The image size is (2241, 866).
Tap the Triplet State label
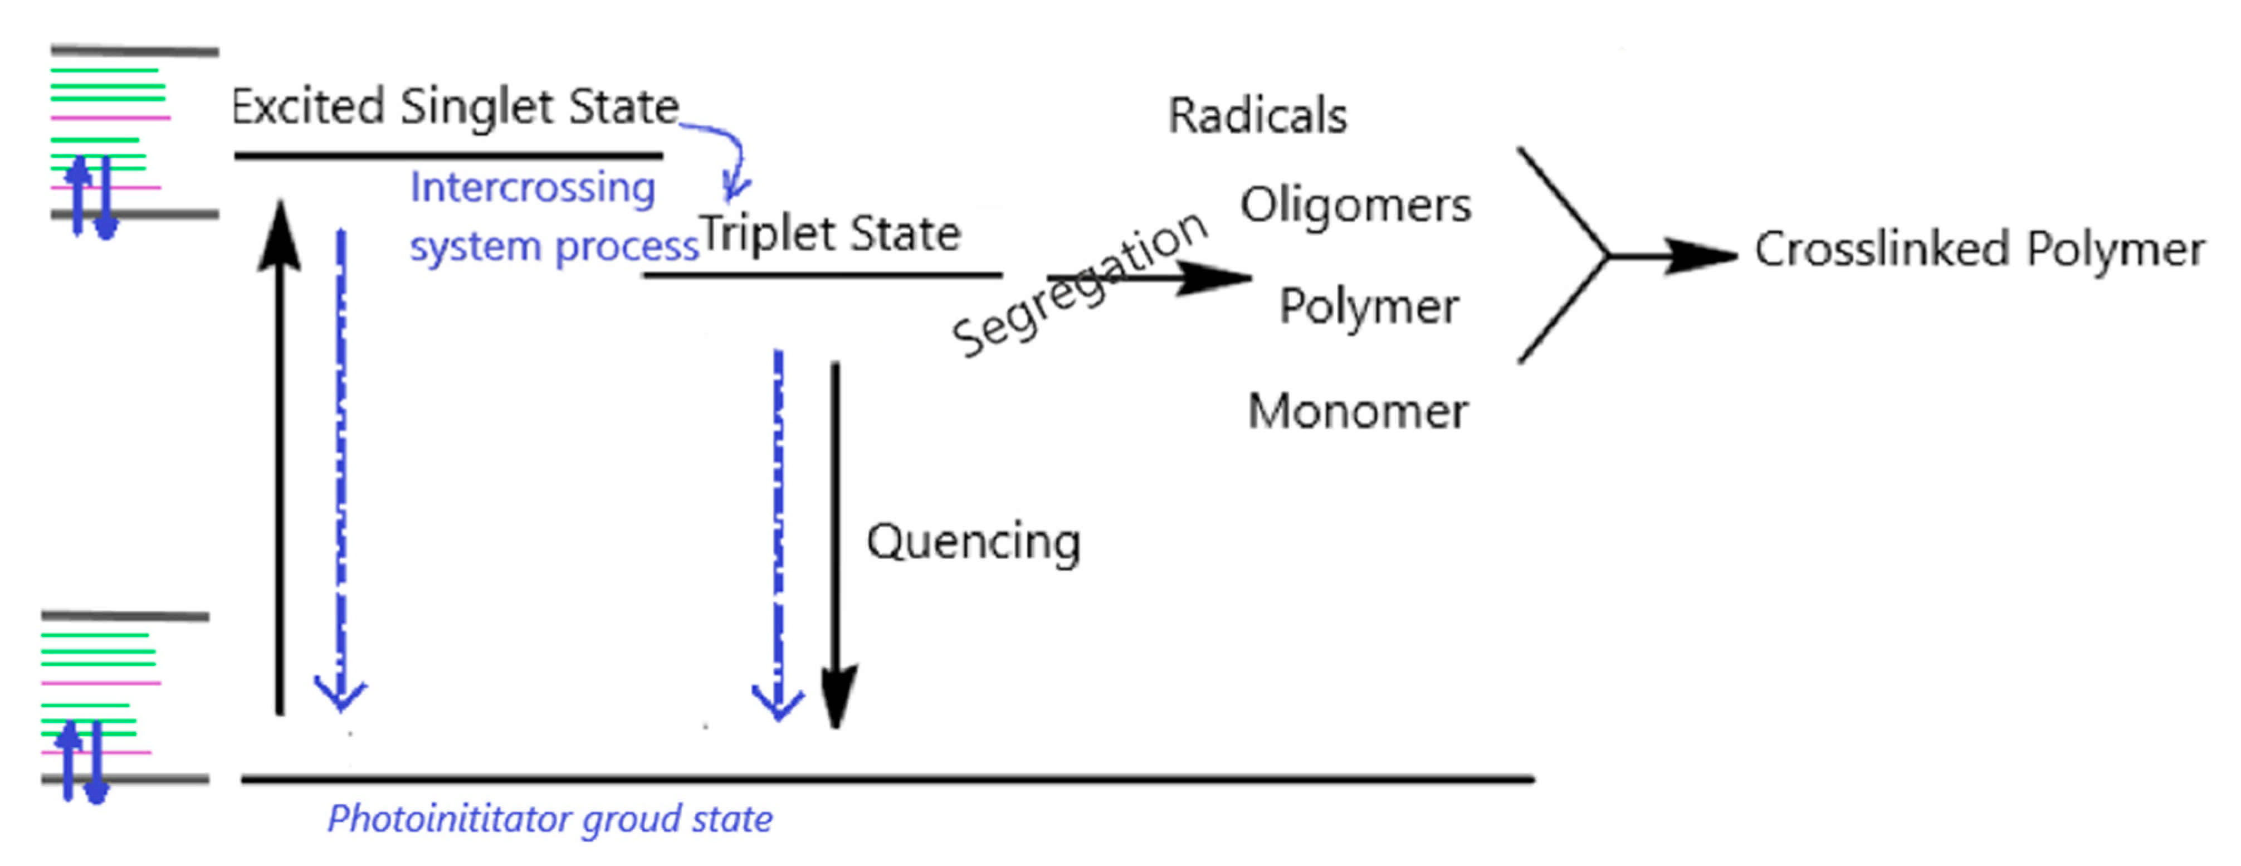point(830,233)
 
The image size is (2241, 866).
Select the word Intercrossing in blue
point(533,188)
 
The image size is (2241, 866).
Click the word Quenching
point(973,542)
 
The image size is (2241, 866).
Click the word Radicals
point(1257,116)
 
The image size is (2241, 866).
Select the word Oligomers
point(1355,206)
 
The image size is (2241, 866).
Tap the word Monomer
point(1357,412)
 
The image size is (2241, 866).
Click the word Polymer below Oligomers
point(1369,307)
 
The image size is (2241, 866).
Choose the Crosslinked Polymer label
point(1979,250)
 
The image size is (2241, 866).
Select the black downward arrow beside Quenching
point(836,539)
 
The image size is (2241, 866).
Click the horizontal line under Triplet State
point(822,275)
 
